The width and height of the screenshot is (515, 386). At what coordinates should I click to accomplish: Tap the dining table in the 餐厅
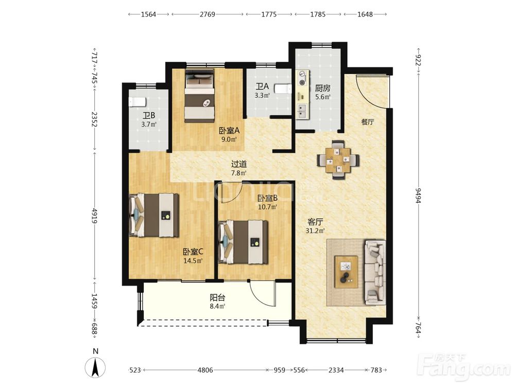(338, 160)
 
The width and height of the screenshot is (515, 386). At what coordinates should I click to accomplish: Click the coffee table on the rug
(346, 272)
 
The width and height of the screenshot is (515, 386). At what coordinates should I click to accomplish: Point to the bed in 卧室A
(199, 95)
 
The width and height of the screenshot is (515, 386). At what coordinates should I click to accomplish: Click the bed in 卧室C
(154, 215)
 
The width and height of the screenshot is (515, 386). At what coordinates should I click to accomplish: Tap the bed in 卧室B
(243, 242)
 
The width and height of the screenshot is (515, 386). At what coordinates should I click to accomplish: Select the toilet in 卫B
(137, 102)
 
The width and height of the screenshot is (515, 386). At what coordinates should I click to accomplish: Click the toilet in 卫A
(283, 89)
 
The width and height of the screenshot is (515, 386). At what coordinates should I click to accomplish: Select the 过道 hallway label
(239, 164)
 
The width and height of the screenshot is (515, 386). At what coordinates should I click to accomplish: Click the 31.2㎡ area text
(315, 231)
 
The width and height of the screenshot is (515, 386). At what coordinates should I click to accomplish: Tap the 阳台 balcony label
(217, 297)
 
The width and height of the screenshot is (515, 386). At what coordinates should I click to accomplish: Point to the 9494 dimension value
(418, 195)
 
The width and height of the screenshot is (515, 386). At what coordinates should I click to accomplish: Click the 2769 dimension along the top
(208, 14)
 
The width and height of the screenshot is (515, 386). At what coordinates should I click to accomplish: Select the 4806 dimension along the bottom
(205, 370)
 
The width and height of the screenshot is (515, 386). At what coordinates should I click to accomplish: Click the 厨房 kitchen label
(322, 88)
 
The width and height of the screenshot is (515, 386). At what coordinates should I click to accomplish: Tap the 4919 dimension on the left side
(95, 215)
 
